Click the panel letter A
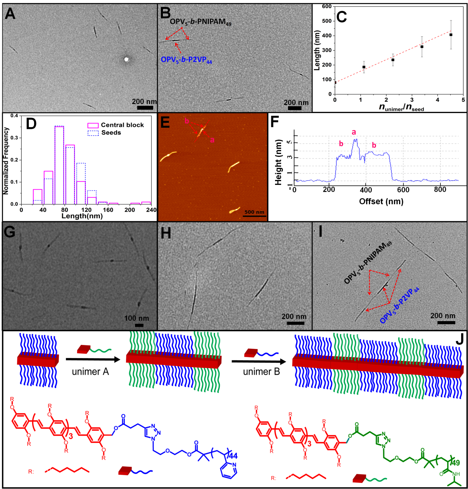(x=10, y=14)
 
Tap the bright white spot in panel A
(x=127, y=59)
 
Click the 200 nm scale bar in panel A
(x=145, y=108)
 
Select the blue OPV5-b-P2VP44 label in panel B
(x=186, y=60)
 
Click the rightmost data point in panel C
(x=451, y=35)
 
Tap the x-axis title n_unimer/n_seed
(x=401, y=107)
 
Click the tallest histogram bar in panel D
(x=59, y=165)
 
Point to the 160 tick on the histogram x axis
(x=108, y=210)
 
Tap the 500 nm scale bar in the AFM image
(x=254, y=216)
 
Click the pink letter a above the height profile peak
(x=354, y=132)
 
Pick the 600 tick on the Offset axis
(x=403, y=190)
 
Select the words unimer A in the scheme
(x=90, y=372)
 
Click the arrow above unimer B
(x=261, y=362)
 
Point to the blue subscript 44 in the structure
(x=233, y=455)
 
